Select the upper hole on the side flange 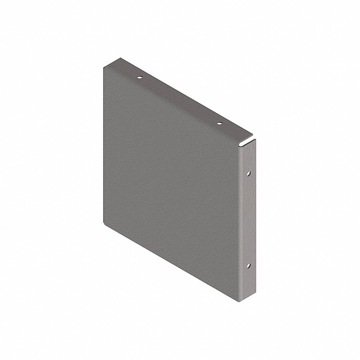(249, 174)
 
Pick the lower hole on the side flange (249, 267)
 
